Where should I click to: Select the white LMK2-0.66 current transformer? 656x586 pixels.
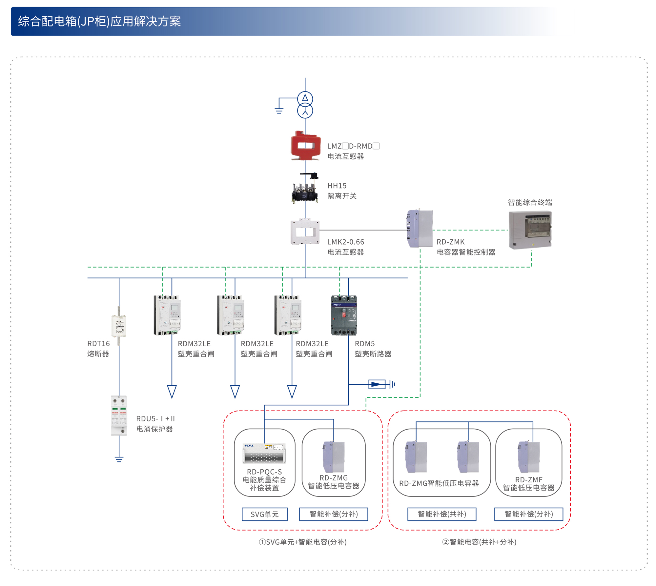(x=305, y=232)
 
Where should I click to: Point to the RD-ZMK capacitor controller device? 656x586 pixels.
(x=420, y=228)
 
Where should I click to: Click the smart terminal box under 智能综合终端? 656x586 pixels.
(x=530, y=230)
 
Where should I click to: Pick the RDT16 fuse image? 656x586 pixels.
(x=119, y=326)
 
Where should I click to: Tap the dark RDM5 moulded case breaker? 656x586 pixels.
(x=344, y=315)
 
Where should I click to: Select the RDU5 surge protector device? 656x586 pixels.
(x=119, y=415)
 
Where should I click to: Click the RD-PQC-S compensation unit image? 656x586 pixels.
(x=264, y=454)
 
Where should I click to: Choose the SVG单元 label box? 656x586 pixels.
(x=264, y=514)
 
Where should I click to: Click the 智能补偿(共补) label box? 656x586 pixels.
(x=441, y=514)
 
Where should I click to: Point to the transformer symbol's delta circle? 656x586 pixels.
(x=305, y=98)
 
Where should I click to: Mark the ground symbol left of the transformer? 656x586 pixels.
(x=279, y=110)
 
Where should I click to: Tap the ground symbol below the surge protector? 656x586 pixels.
(x=119, y=459)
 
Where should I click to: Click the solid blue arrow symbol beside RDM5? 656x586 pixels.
(x=377, y=384)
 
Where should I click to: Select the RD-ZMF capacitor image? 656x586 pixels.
(x=529, y=457)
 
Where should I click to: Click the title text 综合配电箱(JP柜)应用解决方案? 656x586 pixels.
(x=99, y=21)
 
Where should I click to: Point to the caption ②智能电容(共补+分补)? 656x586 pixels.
(x=479, y=542)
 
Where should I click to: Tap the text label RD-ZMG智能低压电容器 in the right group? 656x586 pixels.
(x=439, y=483)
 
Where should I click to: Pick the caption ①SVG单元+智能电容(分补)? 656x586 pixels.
(x=302, y=542)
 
